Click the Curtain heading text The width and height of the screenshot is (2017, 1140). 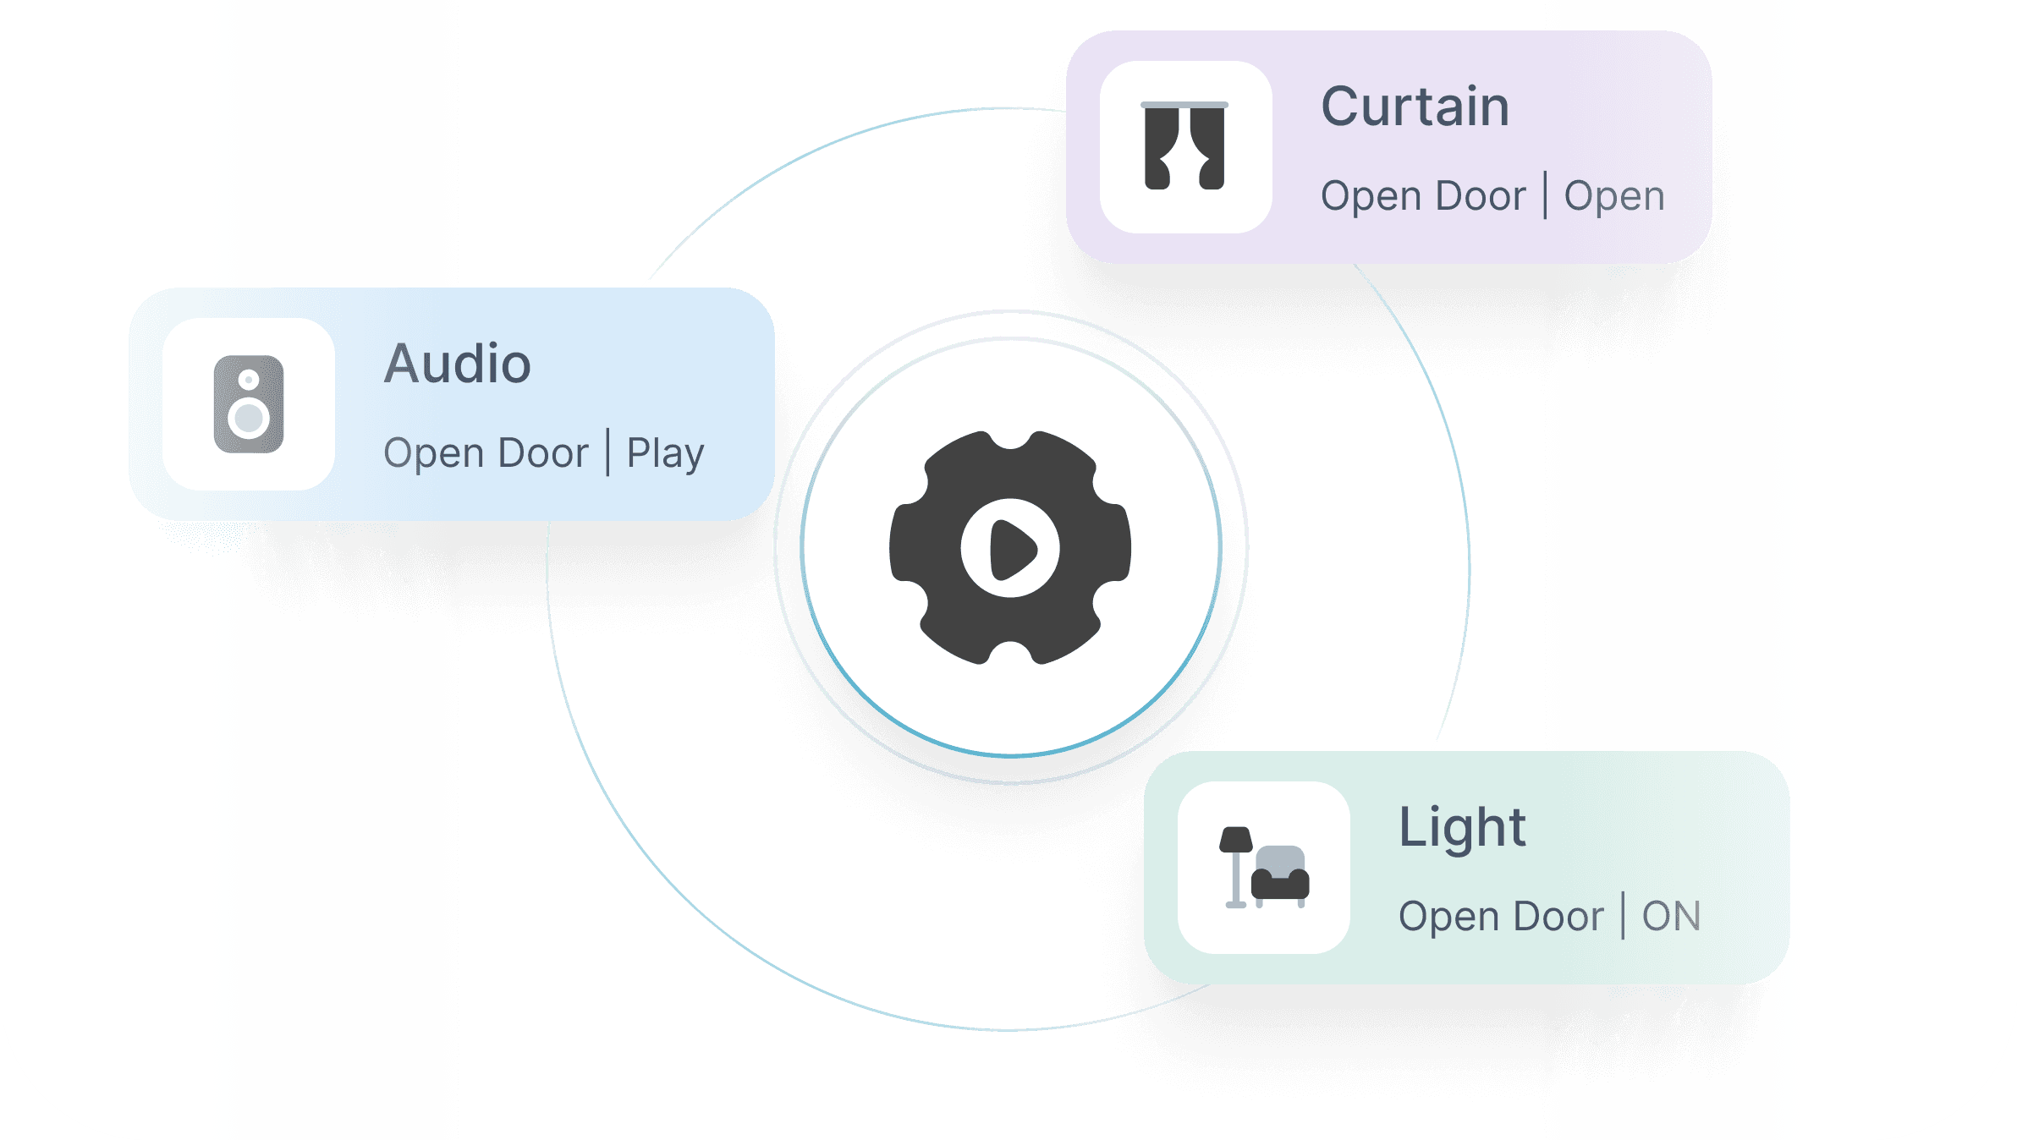tap(1415, 107)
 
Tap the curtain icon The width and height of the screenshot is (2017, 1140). tap(1184, 145)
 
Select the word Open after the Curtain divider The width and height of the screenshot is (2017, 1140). tap(1614, 197)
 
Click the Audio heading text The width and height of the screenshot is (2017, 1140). tap(458, 364)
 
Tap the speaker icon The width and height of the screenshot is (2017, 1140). tap(249, 404)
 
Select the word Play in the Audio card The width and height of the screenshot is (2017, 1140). tap(665, 454)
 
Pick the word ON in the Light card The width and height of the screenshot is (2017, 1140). tap(1671, 917)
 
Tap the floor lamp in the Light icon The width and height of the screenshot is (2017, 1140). tap(1236, 868)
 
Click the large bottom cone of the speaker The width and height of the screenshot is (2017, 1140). tap(249, 418)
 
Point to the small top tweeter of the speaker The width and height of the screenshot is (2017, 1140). tap(249, 380)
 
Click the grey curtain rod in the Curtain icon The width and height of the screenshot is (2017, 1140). tap(1184, 105)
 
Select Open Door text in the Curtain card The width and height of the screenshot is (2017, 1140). tap(1423, 197)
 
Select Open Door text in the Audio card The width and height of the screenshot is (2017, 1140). tap(486, 454)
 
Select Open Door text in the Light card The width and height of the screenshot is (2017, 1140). tap(1501, 918)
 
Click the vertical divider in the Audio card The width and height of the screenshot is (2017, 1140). tap(607, 452)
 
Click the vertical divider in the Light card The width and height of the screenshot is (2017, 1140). tap(1623, 915)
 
